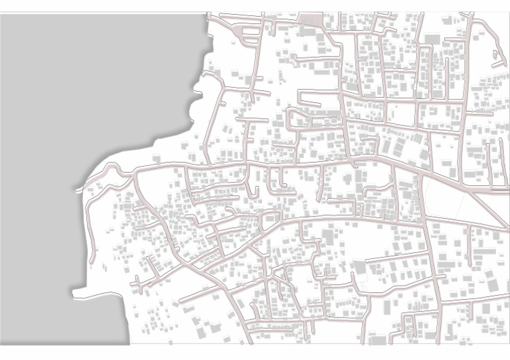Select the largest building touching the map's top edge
[x=309, y=19]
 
